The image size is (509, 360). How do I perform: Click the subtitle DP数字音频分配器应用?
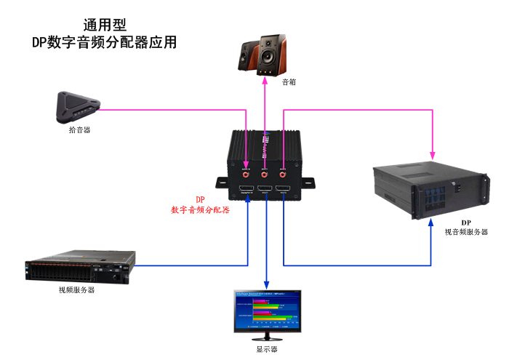pos(104,43)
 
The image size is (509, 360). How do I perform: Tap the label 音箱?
pos(289,82)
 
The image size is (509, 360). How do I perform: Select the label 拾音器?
pos(80,129)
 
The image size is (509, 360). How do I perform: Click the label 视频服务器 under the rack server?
pos(77,289)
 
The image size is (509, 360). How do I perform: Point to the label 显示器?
pos(267,348)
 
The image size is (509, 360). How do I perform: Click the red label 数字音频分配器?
pos(199,209)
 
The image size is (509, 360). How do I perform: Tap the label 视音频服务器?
pos(466,231)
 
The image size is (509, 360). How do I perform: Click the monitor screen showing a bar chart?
pos(267,309)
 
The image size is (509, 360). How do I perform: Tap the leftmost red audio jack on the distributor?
pos(247,175)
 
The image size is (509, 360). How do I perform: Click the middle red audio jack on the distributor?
pos(265,175)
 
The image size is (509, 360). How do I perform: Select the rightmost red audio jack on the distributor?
pos(283,175)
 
